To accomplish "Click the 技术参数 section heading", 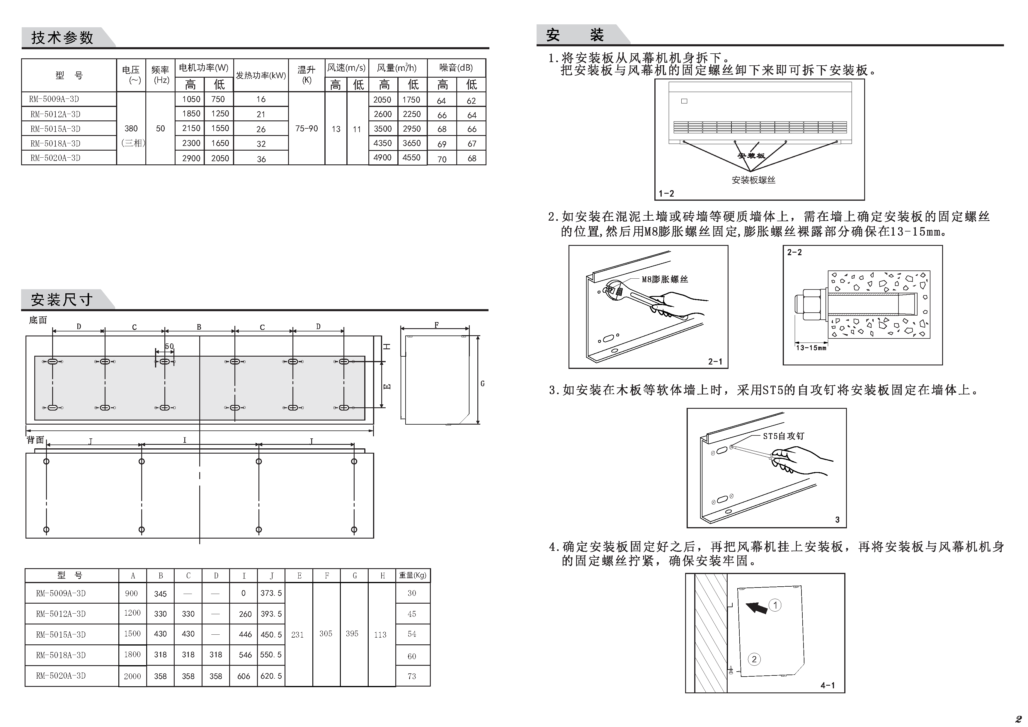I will (x=62, y=38).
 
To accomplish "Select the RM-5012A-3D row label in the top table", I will (x=55, y=114).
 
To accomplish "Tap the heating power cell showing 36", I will (x=261, y=159).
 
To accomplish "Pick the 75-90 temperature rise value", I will (x=306, y=128).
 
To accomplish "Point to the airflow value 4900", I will (x=382, y=158).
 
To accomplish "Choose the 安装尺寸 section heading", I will (x=62, y=299).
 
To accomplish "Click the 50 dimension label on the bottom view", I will (x=169, y=346).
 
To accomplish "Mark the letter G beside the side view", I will (x=482, y=384).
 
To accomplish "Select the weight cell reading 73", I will (x=412, y=676).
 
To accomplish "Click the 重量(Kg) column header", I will (x=412, y=575).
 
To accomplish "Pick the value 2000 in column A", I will (x=132, y=676).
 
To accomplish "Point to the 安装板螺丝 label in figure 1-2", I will (x=753, y=180).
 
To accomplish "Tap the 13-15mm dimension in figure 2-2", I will (x=811, y=348).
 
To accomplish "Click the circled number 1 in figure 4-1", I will (x=775, y=605).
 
